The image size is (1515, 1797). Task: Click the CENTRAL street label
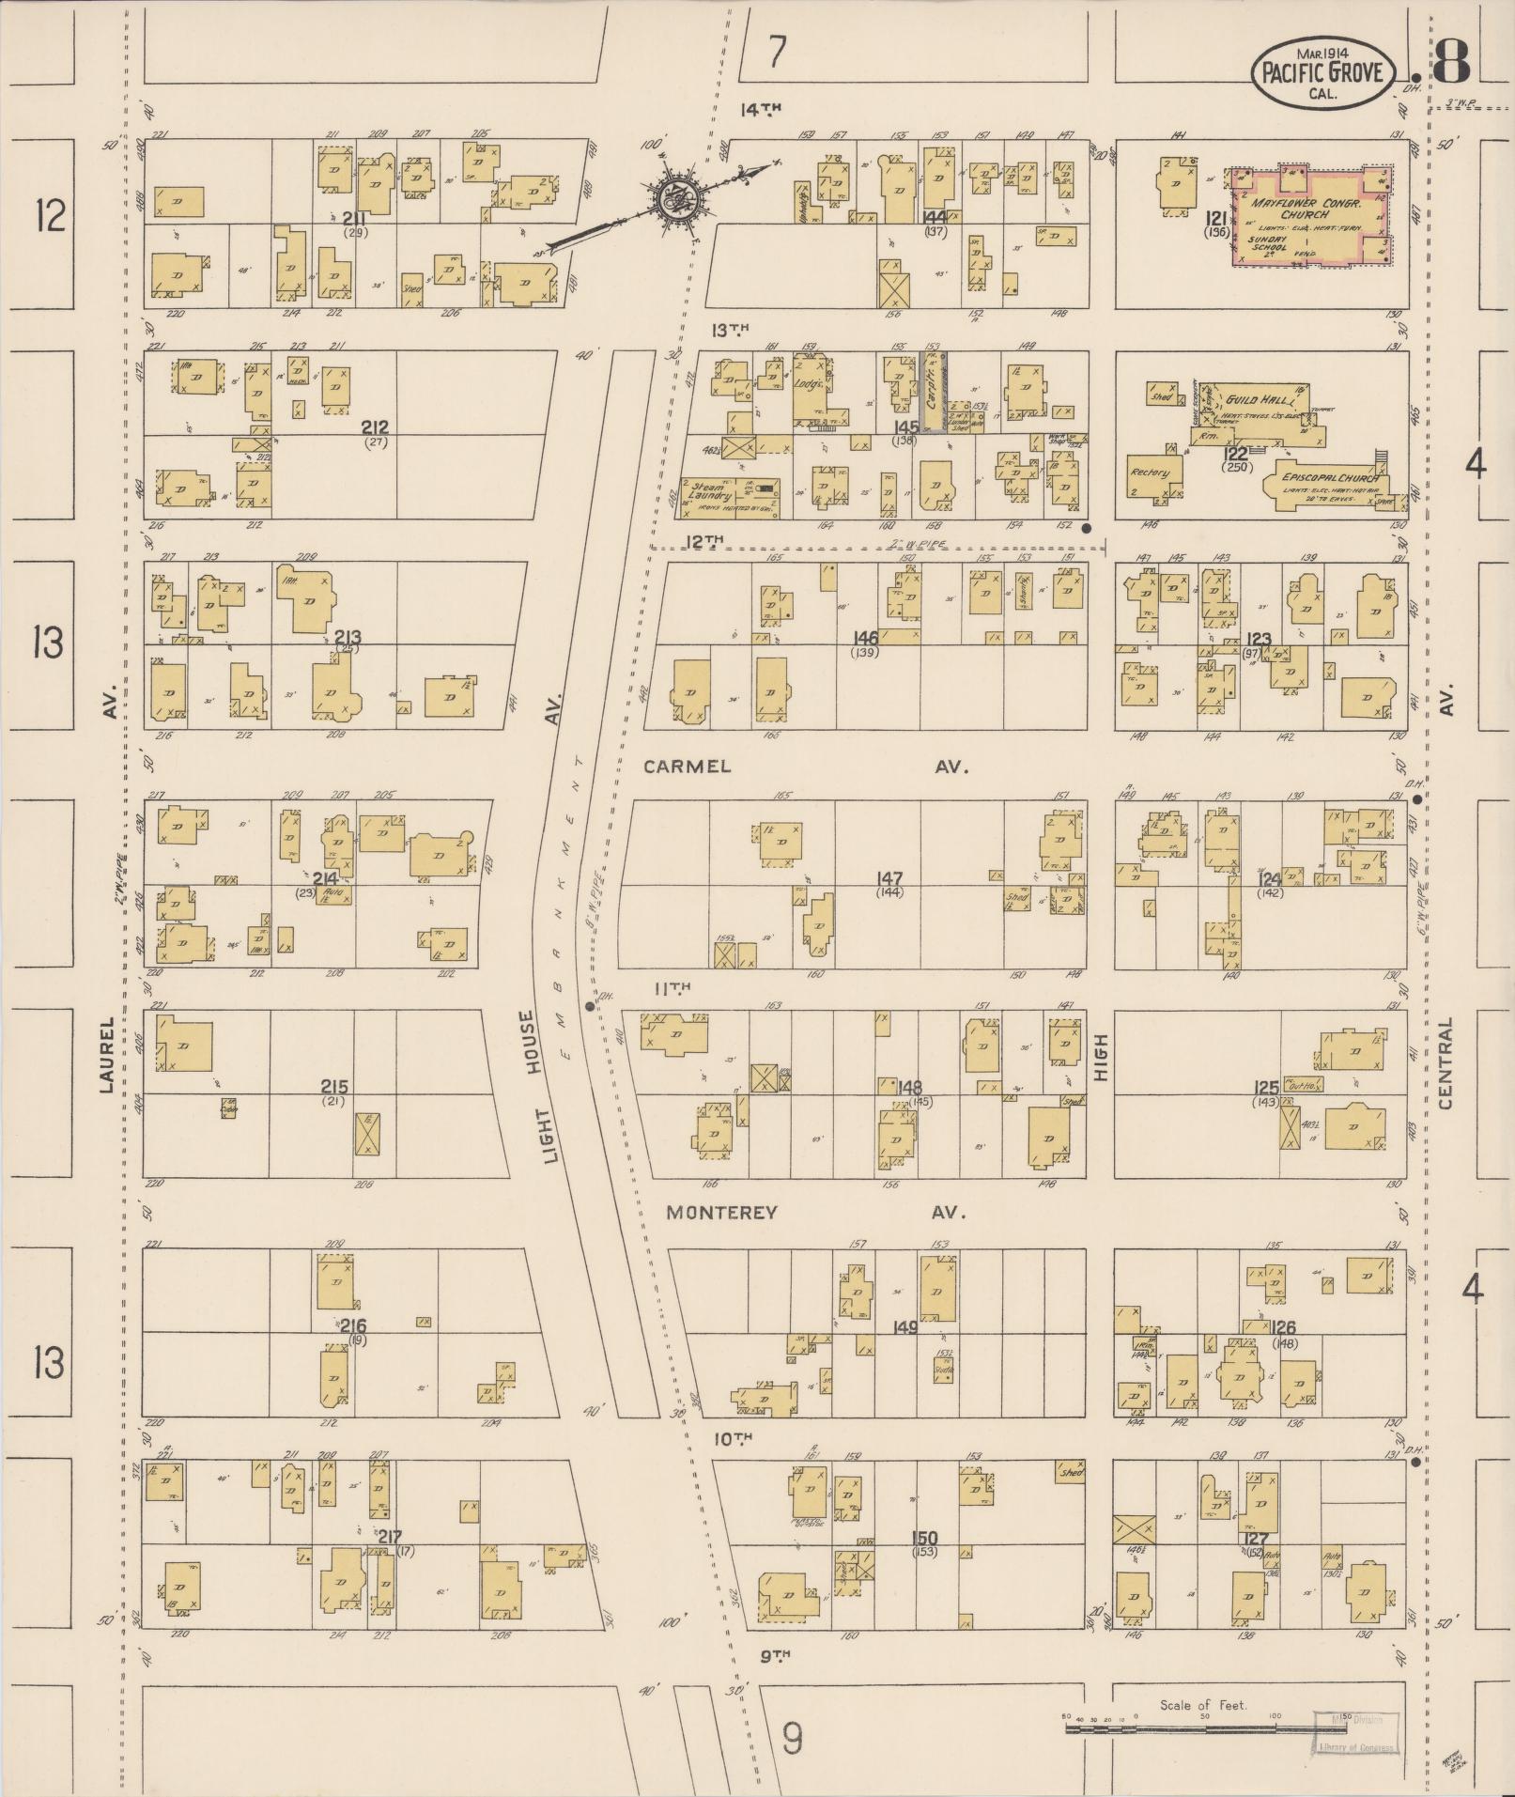coord(1445,1063)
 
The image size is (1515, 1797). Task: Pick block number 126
coord(1283,1328)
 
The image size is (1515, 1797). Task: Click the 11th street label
coord(672,987)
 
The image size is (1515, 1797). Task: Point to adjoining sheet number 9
coord(793,1740)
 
